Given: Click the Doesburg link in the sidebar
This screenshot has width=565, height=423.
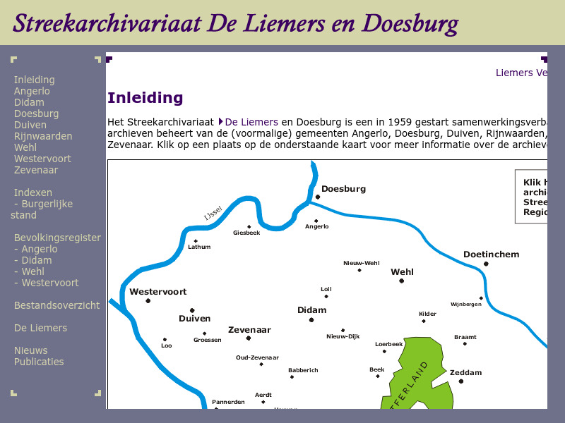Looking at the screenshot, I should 36,114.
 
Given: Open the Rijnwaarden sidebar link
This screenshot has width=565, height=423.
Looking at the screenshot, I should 43,136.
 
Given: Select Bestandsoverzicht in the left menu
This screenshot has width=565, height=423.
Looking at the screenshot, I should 56,305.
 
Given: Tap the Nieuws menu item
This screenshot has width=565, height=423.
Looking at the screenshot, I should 31,350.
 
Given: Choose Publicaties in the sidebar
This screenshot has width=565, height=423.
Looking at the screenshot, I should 39,362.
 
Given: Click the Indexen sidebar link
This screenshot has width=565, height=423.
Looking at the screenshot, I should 33,192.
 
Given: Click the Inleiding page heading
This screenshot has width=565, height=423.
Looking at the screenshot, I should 145,98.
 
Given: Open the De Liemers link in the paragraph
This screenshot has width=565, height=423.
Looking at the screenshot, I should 251,122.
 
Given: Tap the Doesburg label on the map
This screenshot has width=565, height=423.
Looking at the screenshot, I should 343,189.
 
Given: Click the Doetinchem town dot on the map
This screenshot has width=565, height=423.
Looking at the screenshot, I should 486,264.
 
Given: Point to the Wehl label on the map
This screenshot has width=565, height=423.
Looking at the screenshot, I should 402,271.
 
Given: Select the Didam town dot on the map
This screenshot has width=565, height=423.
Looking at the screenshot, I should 311,320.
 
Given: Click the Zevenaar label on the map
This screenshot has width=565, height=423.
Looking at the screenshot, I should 249,329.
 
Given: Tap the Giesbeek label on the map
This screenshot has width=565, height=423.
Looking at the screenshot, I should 246,233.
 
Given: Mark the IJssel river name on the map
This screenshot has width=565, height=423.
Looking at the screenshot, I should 213,214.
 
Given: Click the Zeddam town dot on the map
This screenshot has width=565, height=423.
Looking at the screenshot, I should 461,381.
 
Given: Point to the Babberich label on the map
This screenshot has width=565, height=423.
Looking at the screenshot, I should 303,370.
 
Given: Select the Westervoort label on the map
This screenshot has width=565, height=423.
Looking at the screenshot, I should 157,291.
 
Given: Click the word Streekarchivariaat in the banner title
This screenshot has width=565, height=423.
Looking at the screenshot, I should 106,23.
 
